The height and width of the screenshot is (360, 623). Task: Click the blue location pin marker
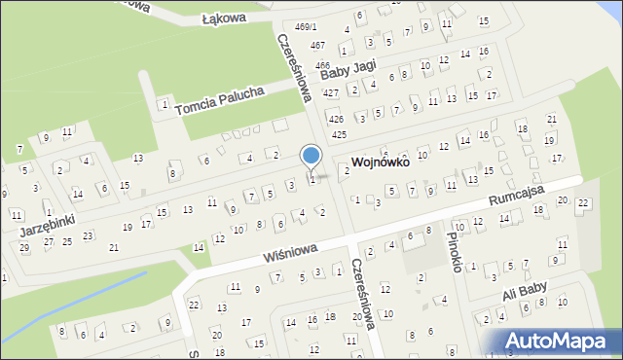click(311, 157)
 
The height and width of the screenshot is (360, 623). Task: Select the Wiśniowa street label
click(290, 253)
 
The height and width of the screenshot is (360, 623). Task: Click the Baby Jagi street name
click(348, 67)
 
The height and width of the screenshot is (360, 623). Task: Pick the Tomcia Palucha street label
click(220, 99)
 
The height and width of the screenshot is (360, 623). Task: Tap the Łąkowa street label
click(224, 18)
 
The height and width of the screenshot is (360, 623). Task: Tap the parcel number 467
click(317, 46)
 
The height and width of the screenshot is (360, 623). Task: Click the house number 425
click(339, 134)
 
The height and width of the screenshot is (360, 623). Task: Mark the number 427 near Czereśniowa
click(331, 92)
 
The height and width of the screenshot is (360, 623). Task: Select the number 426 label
click(336, 119)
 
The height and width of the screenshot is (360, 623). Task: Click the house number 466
click(322, 65)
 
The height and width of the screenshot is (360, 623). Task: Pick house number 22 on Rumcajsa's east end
click(582, 202)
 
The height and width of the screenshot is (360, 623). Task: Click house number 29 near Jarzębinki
click(24, 248)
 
